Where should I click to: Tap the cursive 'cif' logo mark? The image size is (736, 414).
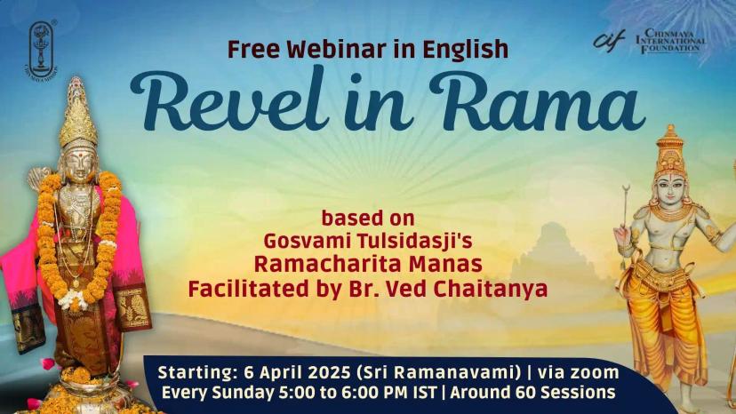click(x=609, y=40)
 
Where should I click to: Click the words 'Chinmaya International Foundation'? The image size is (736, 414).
click(x=670, y=41)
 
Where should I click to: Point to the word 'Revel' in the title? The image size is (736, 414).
click(x=224, y=100)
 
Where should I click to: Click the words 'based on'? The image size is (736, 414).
click(x=368, y=219)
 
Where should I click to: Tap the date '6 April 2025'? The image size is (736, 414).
click(x=298, y=373)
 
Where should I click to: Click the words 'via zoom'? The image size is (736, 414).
click(x=579, y=373)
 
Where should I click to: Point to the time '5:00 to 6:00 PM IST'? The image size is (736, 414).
click(x=359, y=393)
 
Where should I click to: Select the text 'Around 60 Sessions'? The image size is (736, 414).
click(x=532, y=393)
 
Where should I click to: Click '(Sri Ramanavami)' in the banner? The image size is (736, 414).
click(x=439, y=373)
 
